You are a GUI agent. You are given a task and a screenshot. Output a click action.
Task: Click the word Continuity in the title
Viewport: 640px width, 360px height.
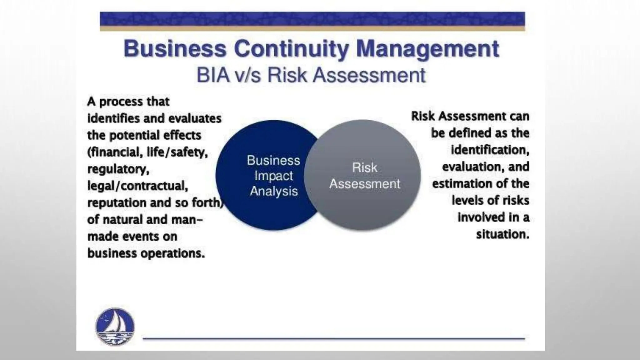(x=291, y=49)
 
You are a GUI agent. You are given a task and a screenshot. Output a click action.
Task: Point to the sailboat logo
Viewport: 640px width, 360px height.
(x=115, y=327)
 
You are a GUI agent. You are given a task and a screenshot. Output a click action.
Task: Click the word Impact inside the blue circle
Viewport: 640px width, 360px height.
(x=273, y=176)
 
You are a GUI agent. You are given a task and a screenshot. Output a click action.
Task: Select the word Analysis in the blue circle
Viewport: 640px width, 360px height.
(x=274, y=191)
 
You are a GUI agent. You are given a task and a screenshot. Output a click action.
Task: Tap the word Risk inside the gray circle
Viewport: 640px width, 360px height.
(x=364, y=168)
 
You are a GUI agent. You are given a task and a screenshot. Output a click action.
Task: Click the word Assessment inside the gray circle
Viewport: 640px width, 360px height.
(x=364, y=184)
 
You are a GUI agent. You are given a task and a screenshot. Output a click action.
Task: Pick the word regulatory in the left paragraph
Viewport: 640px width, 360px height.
(x=118, y=169)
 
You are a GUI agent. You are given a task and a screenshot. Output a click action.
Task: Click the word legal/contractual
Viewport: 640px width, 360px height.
(x=137, y=186)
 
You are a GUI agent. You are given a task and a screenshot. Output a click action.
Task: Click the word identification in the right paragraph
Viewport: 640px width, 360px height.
(x=490, y=150)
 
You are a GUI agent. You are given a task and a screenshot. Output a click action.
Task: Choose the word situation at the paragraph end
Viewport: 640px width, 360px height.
(x=502, y=234)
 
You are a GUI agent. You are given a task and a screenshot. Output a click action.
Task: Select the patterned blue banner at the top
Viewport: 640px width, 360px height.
(x=312, y=19)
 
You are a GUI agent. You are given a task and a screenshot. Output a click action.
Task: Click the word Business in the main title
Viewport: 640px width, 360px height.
(x=175, y=49)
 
